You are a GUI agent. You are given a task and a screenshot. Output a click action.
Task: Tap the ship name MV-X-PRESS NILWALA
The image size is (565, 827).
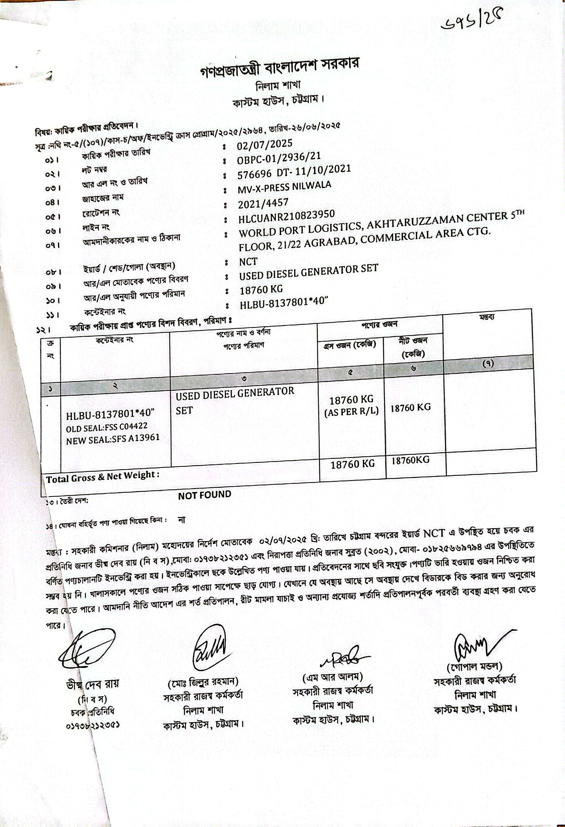coord(284,187)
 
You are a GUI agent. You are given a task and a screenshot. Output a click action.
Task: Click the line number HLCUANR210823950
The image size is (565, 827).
coord(287,217)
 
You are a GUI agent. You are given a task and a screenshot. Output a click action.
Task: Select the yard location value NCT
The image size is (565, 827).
coord(248,262)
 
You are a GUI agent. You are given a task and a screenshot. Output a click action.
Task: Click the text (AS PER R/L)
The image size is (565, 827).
coord(351,411)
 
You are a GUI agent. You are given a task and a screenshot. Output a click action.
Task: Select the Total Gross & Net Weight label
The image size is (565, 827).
coord(103,476)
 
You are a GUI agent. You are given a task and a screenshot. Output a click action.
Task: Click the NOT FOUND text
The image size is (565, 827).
coord(204,495)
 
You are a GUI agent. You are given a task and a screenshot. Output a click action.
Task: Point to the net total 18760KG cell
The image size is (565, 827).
coord(410,460)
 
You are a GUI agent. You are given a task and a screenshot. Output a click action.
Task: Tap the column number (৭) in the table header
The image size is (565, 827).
coord(488,363)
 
